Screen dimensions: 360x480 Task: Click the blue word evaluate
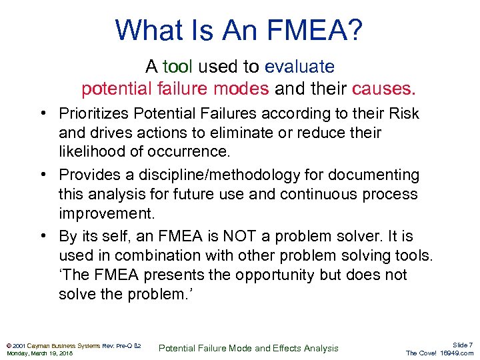[299, 67]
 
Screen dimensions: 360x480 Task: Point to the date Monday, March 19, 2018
[39, 353]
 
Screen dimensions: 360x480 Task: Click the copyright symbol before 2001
[9, 346]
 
